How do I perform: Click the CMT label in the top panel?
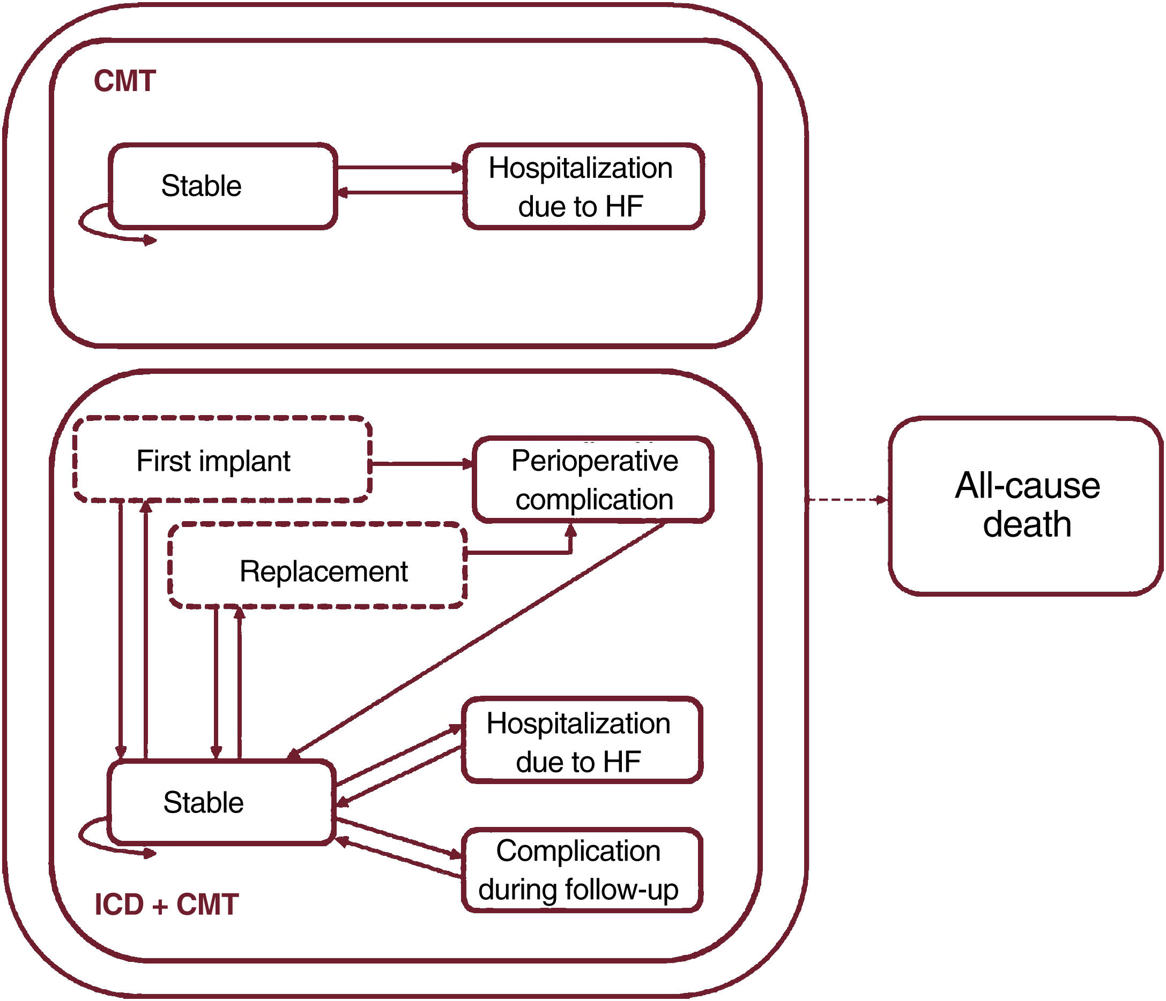(124, 81)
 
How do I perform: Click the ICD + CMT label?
(167, 905)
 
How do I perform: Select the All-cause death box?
(1026, 506)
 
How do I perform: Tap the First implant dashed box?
(222, 460)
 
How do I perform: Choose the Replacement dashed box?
(317, 566)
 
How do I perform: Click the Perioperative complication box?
(593, 480)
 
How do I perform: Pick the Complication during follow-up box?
(582, 869)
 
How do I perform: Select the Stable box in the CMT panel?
(223, 186)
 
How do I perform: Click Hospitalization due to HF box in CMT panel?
(584, 187)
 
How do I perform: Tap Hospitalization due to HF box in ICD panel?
(582, 740)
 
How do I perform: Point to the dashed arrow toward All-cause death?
(848, 499)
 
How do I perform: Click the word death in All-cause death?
(1027, 525)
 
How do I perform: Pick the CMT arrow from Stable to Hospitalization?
(399, 168)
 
